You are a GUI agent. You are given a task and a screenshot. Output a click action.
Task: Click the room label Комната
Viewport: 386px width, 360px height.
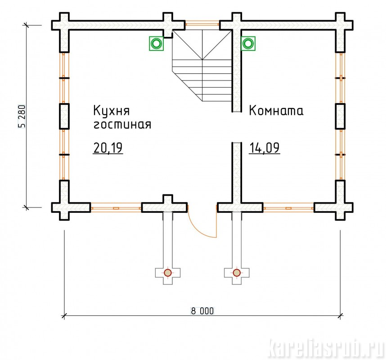pos(276,111)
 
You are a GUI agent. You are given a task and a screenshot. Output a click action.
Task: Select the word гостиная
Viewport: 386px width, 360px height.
pos(121,125)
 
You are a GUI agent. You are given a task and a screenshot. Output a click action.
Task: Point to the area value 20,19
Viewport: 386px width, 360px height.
pos(108,148)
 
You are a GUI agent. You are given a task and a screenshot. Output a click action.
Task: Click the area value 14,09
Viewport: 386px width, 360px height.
pos(265,148)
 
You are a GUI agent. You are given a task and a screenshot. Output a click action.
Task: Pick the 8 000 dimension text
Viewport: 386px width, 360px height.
pos(201,310)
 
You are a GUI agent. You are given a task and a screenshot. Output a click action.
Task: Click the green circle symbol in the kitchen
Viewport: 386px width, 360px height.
pos(156,44)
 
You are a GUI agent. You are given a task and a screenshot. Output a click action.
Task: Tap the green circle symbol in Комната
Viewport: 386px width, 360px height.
pos(248,44)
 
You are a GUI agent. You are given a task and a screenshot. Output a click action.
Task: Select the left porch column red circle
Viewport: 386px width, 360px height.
pos(168,273)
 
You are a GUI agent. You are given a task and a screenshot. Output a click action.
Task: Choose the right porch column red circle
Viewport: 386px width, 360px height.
pos(237,273)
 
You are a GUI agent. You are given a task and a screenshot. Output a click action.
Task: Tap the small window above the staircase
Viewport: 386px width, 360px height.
pos(202,22)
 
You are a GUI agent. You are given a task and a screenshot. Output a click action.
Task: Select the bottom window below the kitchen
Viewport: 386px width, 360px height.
pos(116,208)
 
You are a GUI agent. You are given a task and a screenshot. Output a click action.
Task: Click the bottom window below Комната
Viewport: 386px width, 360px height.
pos(288,208)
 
